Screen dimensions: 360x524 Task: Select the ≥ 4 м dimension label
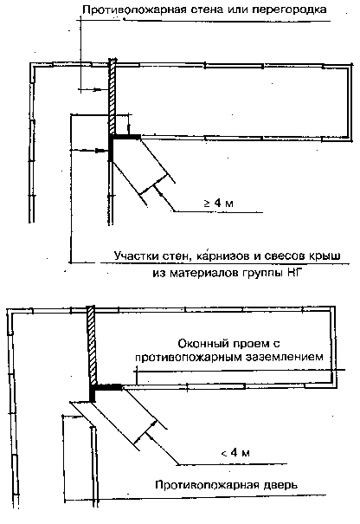coord(219,203)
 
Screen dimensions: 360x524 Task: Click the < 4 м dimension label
coord(235,453)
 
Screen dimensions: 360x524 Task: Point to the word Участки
coord(138,256)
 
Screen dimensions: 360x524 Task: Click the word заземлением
coord(284,357)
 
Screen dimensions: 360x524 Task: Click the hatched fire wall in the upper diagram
coord(112,96)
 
